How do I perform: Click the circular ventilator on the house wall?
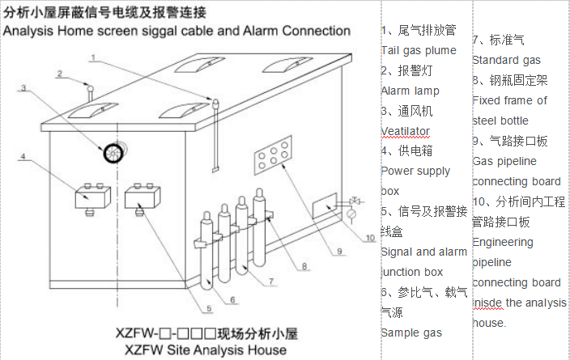[111, 150]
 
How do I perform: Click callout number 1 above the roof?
[94, 57]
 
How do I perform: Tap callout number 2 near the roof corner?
[59, 74]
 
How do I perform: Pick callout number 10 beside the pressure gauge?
[370, 238]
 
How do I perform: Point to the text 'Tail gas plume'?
[419, 50]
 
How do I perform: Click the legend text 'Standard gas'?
[507, 60]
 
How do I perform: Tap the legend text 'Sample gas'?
[411, 332]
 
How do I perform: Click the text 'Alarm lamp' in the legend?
[410, 91]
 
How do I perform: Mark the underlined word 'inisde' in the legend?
[488, 303]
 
